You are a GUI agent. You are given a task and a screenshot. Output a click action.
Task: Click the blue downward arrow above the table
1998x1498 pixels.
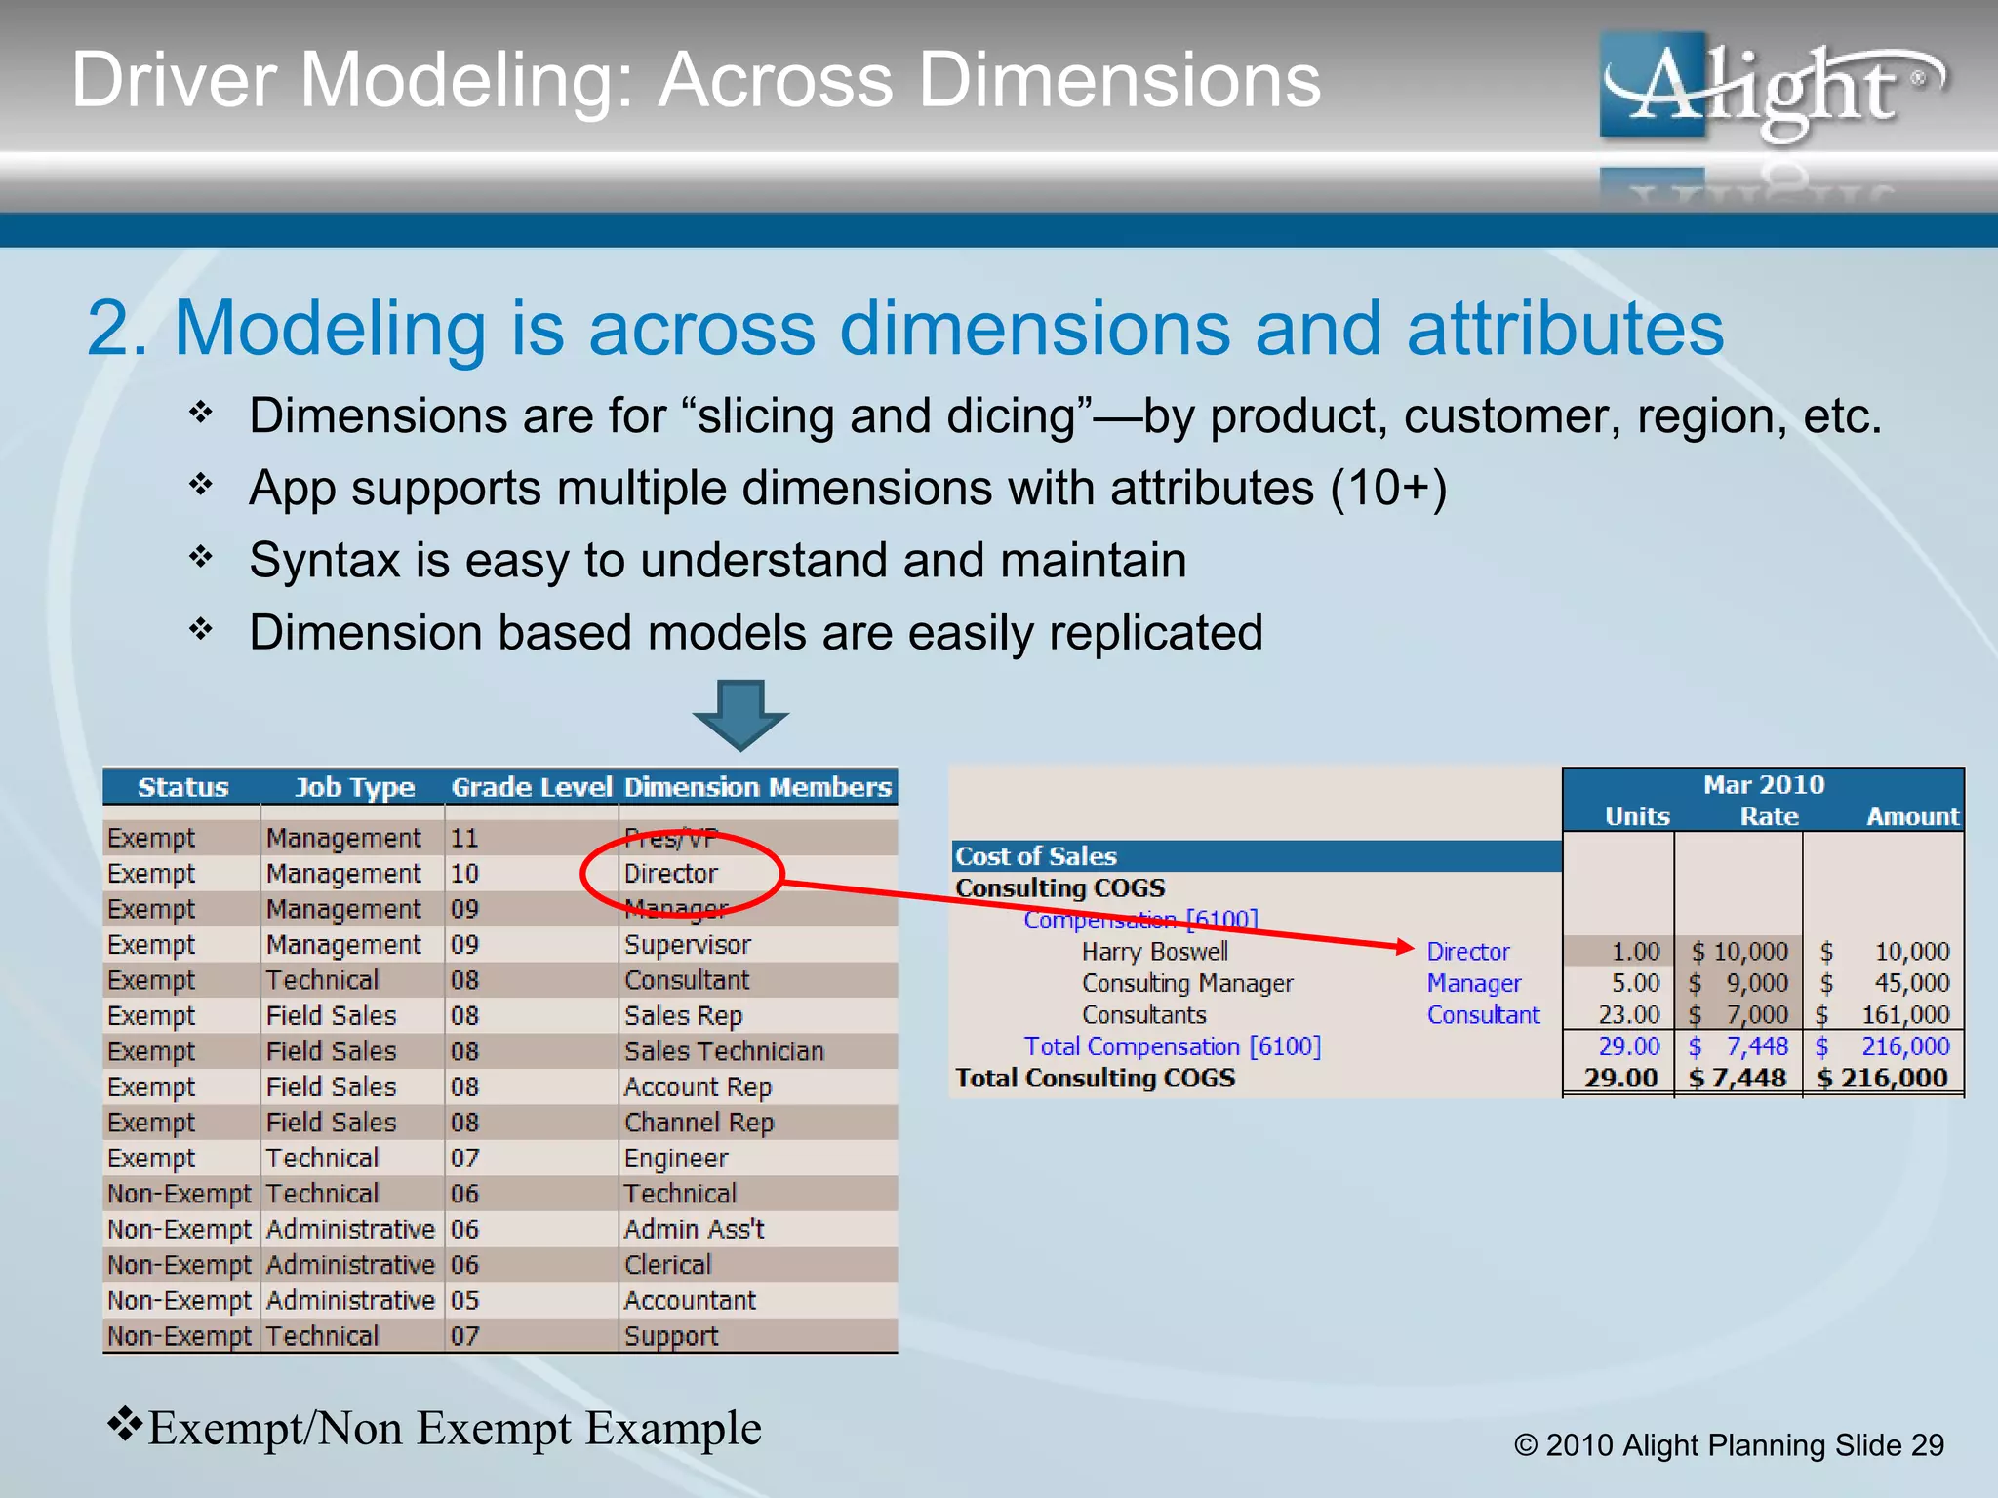point(740,715)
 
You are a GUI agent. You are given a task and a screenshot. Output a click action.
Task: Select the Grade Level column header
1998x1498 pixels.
point(531,787)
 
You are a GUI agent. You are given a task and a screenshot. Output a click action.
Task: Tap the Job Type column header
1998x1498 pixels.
point(354,787)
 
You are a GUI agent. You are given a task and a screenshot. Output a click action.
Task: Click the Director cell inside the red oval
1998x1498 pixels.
point(670,873)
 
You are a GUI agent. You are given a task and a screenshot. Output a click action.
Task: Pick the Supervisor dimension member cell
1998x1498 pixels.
point(687,944)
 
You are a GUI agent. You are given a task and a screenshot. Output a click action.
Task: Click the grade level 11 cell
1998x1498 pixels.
point(464,838)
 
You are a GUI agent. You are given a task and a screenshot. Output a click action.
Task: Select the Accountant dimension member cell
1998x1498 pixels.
point(690,1300)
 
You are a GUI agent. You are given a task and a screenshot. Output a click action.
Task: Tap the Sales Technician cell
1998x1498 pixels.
point(724,1050)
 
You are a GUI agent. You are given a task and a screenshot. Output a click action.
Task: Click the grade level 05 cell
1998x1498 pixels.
point(464,1300)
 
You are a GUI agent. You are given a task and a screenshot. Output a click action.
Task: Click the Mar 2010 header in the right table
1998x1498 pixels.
point(1763,784)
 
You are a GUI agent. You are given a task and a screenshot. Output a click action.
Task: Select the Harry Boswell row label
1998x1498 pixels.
point(1154,951)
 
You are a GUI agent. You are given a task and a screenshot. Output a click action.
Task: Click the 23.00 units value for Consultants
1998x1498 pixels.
point(1628,1014)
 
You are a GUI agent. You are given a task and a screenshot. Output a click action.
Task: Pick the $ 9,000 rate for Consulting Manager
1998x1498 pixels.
point(1740,983)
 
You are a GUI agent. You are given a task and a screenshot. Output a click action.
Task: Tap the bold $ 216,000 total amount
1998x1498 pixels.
point(1882,1078)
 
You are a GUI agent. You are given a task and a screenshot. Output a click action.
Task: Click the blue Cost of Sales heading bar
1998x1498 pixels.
point(1255,856)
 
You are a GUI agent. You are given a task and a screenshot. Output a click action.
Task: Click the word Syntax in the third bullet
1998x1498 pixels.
point(324,561)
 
